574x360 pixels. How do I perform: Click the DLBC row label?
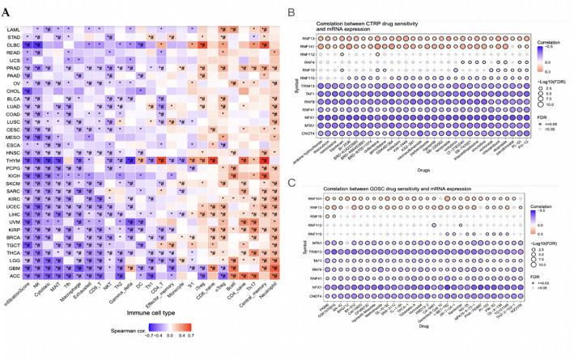[14, 44]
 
